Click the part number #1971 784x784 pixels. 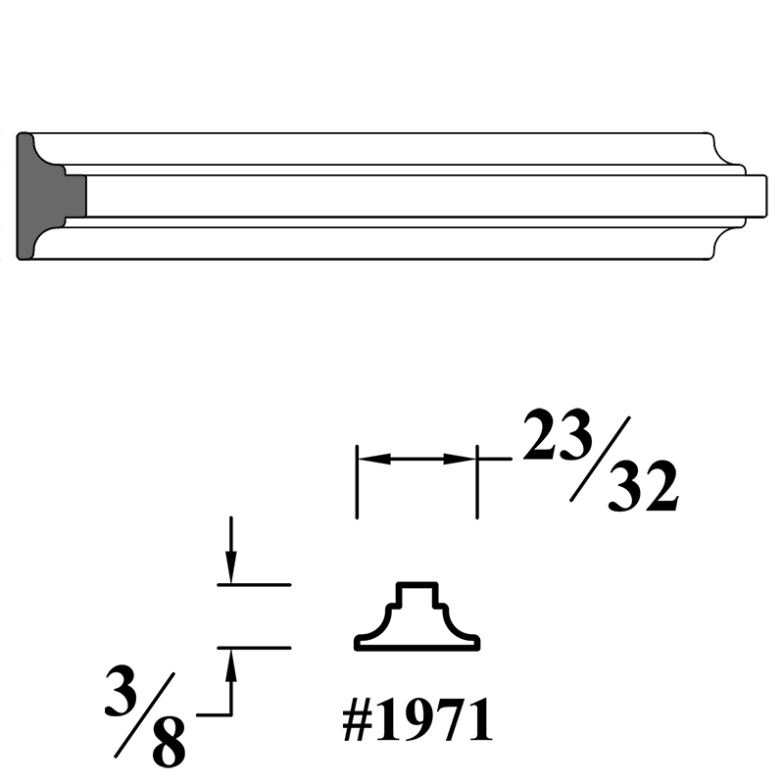click(x=417, y=720)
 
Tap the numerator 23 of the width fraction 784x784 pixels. click(x=558, y=435)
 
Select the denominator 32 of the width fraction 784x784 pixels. click(x=643, y=486)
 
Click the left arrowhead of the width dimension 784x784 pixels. click(x=375, y=458)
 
